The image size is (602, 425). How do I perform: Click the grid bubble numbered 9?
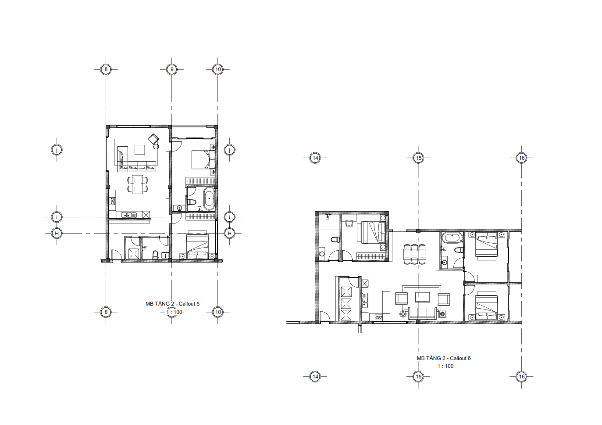172,69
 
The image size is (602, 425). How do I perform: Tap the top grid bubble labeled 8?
106,69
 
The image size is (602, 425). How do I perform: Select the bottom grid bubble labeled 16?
522,377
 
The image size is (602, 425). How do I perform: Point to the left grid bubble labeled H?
57,233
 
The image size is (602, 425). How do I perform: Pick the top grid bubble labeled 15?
418,158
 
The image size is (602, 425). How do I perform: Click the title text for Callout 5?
173,304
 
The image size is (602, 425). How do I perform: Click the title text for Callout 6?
444,358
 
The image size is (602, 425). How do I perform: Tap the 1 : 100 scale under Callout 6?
445,366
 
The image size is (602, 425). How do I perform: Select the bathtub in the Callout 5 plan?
209,199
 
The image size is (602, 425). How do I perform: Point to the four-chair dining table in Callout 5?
138,184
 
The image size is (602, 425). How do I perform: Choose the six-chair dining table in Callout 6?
415,254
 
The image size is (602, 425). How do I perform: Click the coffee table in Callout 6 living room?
423,297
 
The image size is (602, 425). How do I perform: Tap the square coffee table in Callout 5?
140,150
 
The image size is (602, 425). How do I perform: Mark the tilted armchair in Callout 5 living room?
153,139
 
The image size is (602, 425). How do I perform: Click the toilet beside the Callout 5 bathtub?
192,202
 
